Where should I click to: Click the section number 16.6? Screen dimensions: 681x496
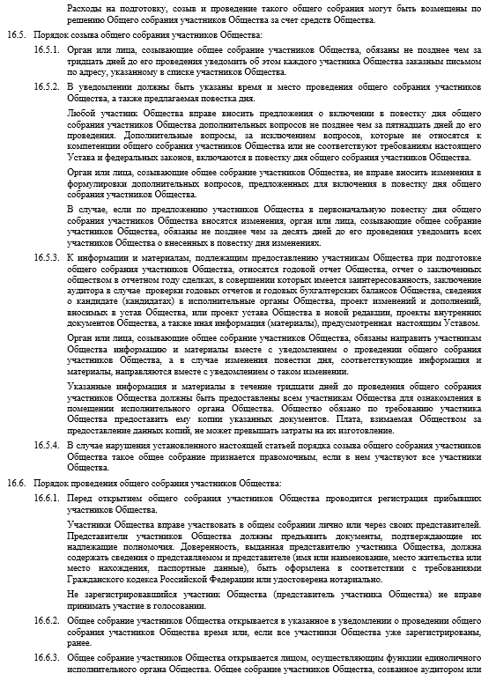point(17,484)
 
